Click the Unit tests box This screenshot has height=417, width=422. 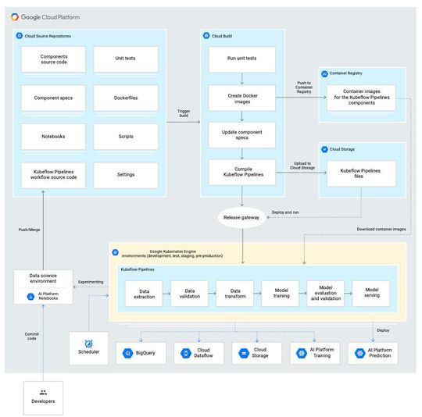(x=126, y=59)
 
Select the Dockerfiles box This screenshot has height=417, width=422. (x=126, y=98)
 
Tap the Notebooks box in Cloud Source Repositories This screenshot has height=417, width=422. (x=53, y=137)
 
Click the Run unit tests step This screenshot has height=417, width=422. (x=242, y=59)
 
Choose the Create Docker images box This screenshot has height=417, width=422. (x=242, y=98)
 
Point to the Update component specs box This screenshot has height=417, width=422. (x=242, y=135)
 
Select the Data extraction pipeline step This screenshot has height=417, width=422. (x=144, y=294)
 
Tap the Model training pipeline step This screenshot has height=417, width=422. (x=280, y=294)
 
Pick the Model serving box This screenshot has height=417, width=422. (x=370, y=294)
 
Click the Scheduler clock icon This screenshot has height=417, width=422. (x=89, y=344)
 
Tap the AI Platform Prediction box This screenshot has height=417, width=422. (x=372, y=354)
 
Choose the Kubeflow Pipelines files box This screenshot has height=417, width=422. (x=359, y=173)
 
